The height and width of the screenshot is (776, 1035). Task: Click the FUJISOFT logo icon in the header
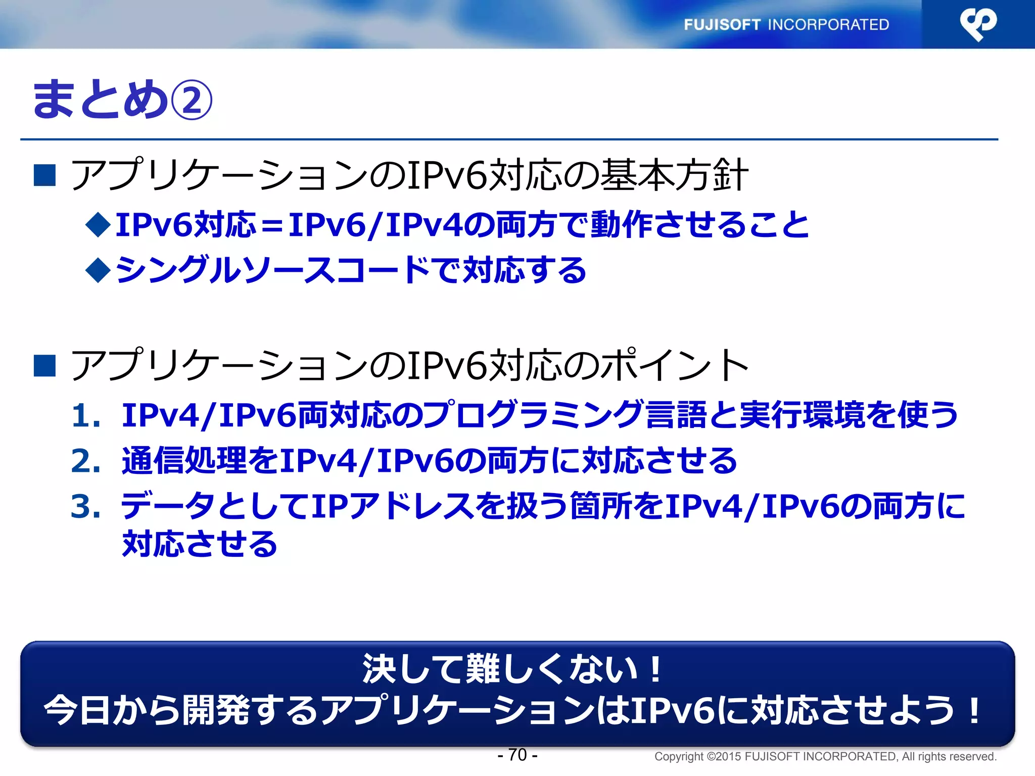978,24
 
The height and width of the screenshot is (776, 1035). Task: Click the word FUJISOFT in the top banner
722,25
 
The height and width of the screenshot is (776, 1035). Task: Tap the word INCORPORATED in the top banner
828,25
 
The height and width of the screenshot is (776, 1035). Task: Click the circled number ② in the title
192,100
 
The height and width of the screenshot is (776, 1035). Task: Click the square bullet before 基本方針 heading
44,175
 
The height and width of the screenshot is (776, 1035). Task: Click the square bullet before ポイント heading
44,365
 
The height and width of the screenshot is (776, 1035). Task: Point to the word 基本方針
675,175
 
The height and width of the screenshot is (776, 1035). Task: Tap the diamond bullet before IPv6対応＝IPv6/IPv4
98,224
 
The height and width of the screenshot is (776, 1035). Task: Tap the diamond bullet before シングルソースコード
98,270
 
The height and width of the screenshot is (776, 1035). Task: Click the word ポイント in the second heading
675,365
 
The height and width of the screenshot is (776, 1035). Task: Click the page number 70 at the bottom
517,755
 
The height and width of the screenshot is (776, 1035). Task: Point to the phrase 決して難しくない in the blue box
500,669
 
